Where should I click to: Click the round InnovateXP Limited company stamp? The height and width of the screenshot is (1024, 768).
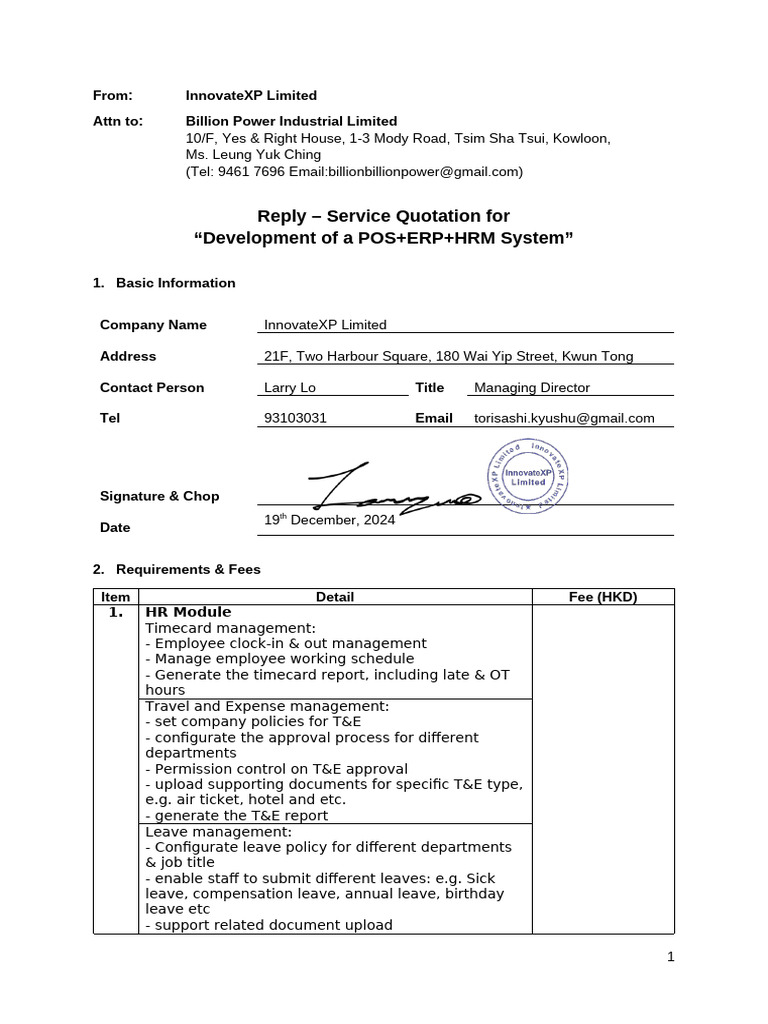(x=529, y=475)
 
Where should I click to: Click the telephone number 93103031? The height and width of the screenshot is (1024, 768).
(x=295, y=418)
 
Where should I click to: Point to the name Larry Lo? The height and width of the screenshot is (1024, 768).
(x=290, y=387)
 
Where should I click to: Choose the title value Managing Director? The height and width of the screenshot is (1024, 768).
(x=531, y=387)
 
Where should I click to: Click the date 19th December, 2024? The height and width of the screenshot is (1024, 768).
(x=329, y=520)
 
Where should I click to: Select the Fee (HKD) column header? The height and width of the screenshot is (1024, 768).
(x=602, y=597)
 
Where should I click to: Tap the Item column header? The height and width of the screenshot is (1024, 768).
(x=115, y=597)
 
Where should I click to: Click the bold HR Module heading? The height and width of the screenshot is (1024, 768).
(x=188, y=612)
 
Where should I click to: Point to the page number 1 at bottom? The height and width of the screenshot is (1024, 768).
(x=671, y=957)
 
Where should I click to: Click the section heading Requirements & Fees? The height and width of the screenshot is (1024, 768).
(x=188, y=569)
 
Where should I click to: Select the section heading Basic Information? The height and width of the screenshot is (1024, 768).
(x=175, y=283)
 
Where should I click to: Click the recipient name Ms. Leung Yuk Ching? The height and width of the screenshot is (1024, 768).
(x=253, y=155)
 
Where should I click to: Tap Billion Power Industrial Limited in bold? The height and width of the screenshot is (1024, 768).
(x=291, y=121)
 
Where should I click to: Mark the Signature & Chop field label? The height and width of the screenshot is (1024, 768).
(x=159, y=496)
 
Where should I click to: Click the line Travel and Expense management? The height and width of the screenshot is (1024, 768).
(x=267, y=706)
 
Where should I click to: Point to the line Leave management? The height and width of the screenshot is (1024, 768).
(x=219, y=831)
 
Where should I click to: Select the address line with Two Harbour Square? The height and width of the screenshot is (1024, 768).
(x=448, y=356)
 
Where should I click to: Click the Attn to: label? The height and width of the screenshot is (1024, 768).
(x=118, y=121)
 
